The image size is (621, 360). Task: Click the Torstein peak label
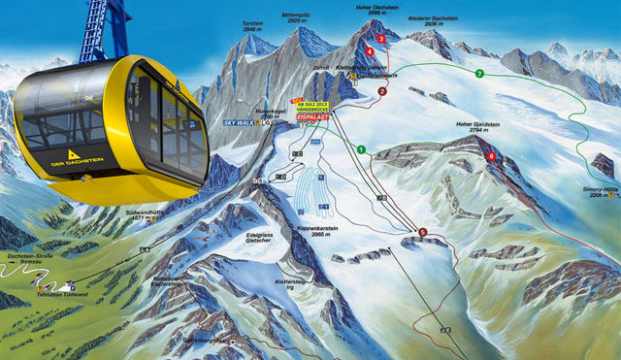coord(252,26)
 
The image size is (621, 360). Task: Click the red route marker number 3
coord(381,39)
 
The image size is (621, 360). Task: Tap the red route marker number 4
coord(370,51)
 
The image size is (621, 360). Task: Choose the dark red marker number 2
coord(382,91)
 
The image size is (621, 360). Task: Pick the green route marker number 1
coord(360,149)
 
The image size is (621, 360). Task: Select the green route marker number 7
coord(479,74)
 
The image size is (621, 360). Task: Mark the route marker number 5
coord(422,231)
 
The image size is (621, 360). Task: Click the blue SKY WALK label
coord(239,123)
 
